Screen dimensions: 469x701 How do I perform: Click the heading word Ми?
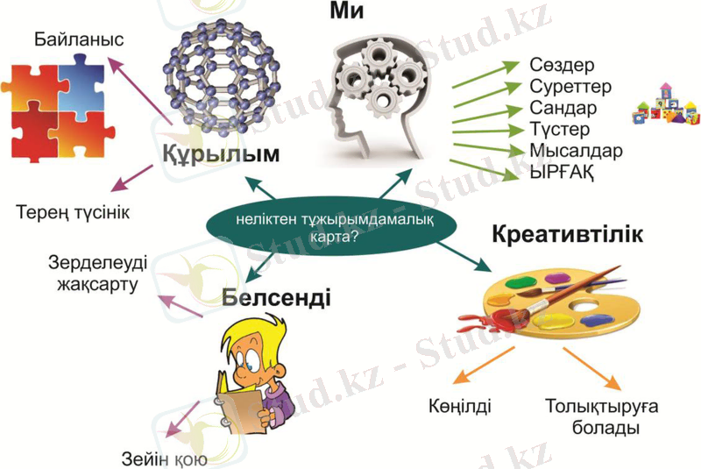click(x=346, y=12)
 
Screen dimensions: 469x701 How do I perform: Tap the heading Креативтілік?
click(x=567, y=236)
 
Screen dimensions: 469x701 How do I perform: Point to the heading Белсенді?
click(x=276, y=298)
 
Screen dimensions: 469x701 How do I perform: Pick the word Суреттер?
click(x=570, y=87)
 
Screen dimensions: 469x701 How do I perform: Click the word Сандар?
click(x=563, y=108)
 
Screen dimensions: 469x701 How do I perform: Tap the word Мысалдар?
click(x=576, y=150)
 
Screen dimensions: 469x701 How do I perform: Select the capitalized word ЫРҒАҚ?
click(x=562, y=171)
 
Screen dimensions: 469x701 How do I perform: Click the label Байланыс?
click(x=79, y=39)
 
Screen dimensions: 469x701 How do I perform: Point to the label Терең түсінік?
click(x=78, y=212)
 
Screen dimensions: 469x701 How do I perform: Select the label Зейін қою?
click(x=164, y=457)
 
